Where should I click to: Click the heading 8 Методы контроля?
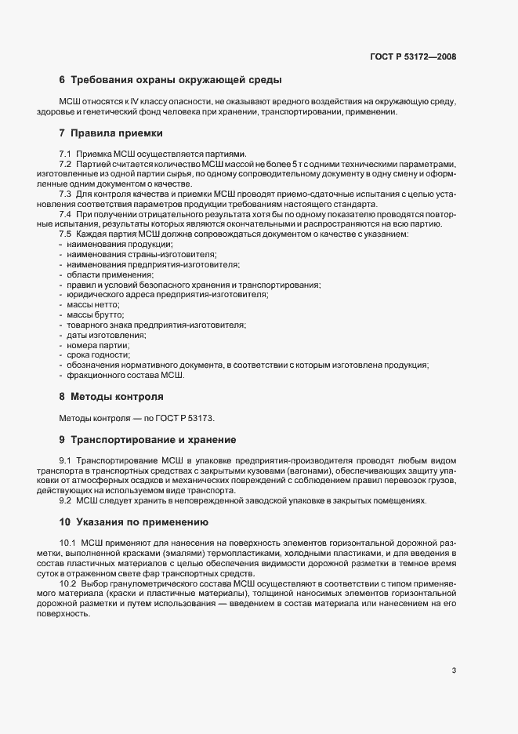click(111, 396)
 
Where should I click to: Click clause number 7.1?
click(66, 153)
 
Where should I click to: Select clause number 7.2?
click(66, 163)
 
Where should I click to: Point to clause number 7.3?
click(66, 193)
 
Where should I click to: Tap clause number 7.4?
click(66, 214)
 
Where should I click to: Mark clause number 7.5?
click(66, 234)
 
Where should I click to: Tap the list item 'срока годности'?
click(98, 355)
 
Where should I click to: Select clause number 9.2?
click(66, 500)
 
